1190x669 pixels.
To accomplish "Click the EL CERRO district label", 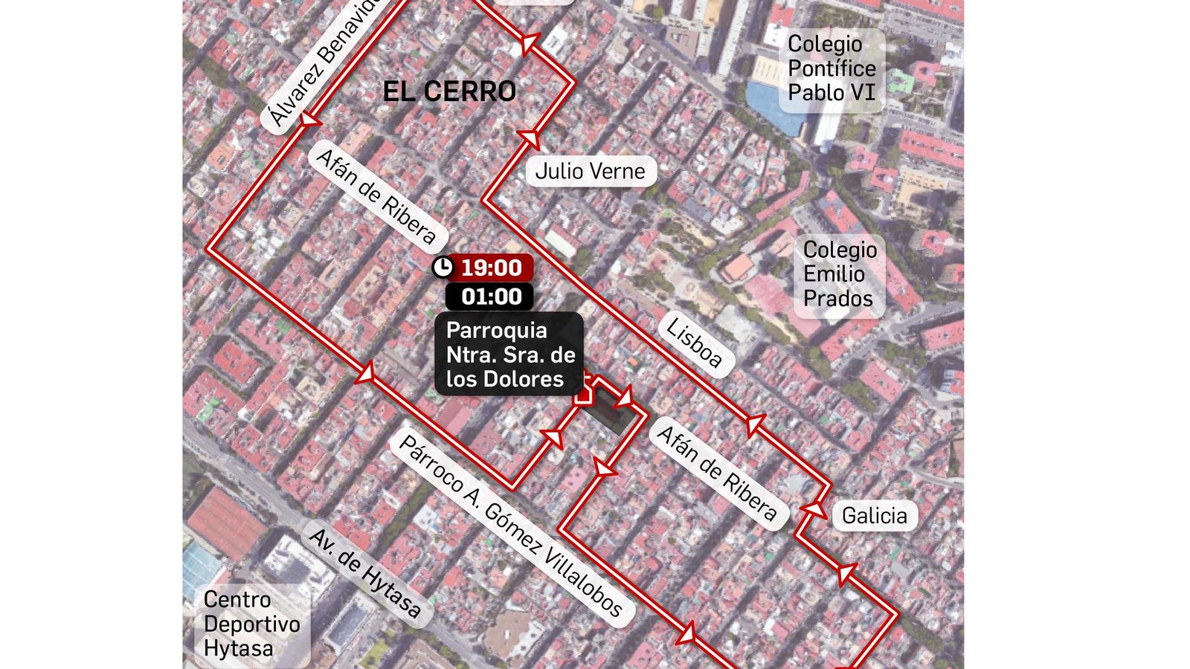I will coord(449,91).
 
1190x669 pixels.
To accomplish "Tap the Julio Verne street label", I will coord(591,171).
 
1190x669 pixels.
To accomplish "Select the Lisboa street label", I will coord(694,343).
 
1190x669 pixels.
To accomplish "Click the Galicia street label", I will coord(874,515).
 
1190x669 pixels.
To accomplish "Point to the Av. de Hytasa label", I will coord(364,572).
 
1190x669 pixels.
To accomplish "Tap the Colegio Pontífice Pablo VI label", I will coord(832,68).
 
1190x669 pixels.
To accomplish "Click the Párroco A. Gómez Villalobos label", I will coord(510,526).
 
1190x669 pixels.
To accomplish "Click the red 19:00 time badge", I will coord(491,268).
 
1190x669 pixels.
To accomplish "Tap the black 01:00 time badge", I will coord(491,297).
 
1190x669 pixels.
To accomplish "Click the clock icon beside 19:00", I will coord(443,268).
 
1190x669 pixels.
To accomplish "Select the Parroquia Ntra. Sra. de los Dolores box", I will coord(509,355).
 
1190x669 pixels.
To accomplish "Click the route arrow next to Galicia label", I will coord(814,509).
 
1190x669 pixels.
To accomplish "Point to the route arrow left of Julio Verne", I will coord(530,138).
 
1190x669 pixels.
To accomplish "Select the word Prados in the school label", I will coord(837,299).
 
